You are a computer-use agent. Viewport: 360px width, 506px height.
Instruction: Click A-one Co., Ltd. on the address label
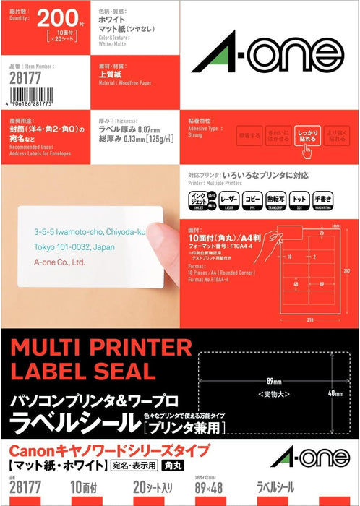point(60,264)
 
